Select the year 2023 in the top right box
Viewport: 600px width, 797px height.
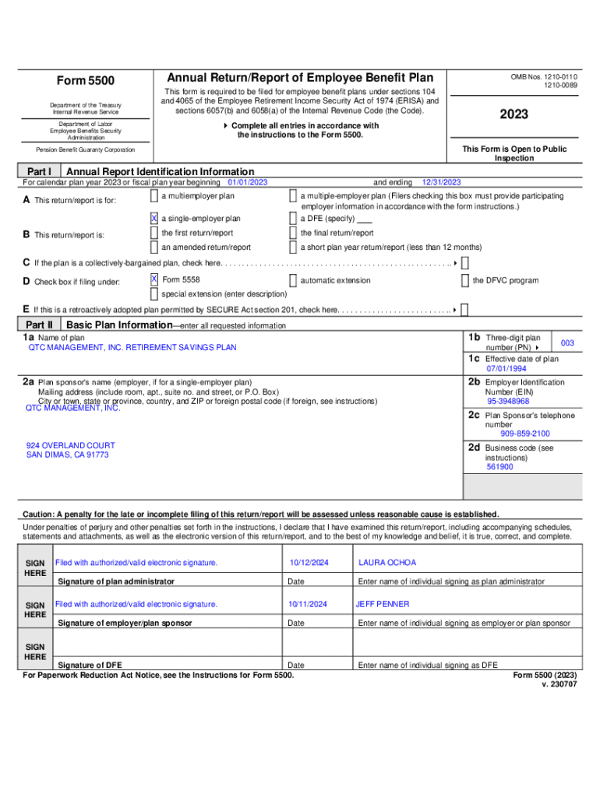[514, 114]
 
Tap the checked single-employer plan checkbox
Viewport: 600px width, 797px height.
[154, 219]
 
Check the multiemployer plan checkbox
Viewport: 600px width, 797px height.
[154, 196]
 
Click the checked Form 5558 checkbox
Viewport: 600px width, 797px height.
[154, 279]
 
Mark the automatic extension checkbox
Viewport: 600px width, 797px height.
[293, 280]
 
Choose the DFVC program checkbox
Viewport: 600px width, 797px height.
[465, 280]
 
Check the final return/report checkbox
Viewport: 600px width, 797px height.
[293, 233]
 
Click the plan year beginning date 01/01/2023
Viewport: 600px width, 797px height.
[247, 182]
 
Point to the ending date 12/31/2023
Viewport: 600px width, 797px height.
[442, 182]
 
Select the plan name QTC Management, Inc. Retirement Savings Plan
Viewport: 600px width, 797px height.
[132, 348]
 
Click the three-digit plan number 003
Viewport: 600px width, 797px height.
[567, 343]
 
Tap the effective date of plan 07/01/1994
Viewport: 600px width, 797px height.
[506, 369]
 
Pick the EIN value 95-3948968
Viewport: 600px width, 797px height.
[508, 402]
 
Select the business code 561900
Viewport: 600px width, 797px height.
[499, 467]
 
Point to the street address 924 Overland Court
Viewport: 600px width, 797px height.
[71, 446]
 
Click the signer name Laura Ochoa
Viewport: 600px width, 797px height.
[387, 563]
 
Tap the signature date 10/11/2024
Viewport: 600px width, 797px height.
[308, 604]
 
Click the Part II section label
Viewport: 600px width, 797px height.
[39, 325]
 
